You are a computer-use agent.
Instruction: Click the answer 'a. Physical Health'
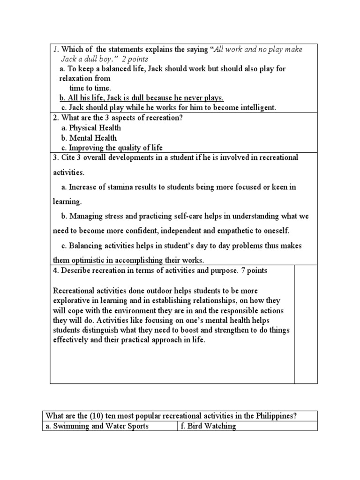pos(91,128)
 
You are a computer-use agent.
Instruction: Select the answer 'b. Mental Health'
pos(89,138)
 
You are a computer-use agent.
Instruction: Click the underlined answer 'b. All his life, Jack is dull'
pos(142,98)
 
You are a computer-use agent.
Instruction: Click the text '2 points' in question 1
pos(135,59)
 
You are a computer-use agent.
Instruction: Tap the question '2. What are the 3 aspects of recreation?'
pos(117,118)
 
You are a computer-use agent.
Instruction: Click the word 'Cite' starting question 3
pos(67,157)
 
